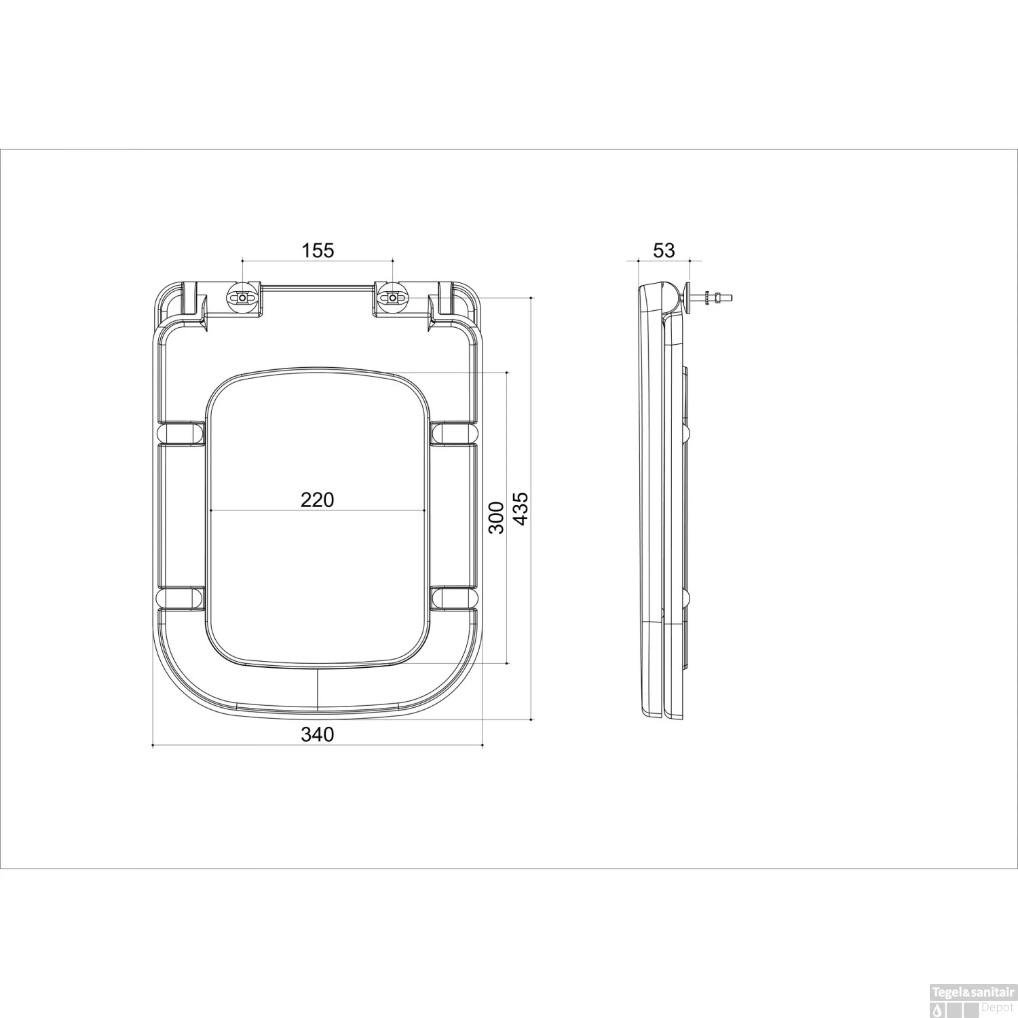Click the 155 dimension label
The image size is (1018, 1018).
318,250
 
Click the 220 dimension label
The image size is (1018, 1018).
318,500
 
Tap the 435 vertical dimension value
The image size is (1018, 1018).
521,508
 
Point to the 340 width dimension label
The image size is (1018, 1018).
318,734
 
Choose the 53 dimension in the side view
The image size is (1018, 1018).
664,250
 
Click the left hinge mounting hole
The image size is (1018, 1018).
243,297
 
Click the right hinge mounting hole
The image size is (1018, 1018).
392,297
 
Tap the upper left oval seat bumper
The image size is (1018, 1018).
181,433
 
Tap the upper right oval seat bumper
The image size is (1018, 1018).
455,433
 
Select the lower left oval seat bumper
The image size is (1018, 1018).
181,599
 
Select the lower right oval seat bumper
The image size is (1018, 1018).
455,599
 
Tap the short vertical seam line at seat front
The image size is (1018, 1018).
318,689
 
